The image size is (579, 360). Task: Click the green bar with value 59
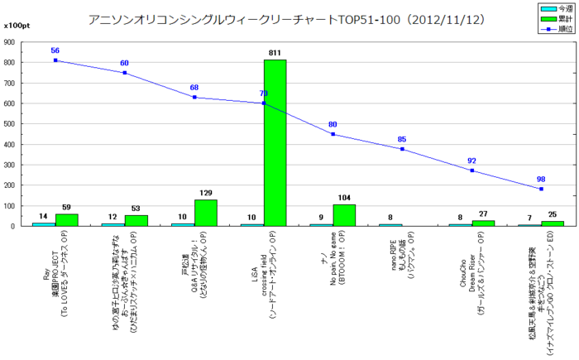66,219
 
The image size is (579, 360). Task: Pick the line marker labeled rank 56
55,60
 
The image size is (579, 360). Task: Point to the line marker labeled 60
125,73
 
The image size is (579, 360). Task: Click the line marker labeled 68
194,98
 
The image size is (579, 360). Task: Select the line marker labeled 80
333,134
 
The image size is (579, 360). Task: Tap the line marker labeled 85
402,149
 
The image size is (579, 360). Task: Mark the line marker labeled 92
471,170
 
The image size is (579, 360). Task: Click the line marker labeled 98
541,189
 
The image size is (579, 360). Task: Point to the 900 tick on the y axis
12,42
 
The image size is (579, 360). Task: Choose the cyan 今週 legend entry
553,8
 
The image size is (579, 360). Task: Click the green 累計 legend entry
553,18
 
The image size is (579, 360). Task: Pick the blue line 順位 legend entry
553,28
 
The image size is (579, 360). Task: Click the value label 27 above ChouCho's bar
483,214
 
